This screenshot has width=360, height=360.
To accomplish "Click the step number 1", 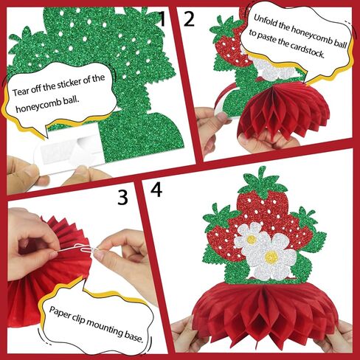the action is (x=162, y=18).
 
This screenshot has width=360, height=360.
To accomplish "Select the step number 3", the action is (x=122, y=197).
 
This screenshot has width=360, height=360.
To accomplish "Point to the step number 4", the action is (x=156, y=190).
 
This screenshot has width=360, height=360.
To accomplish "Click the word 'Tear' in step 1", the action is (x=21, y=92).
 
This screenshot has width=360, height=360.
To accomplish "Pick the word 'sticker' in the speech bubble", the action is (x=69, y=83).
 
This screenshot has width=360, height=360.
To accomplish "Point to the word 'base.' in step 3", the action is (x=134, y=338).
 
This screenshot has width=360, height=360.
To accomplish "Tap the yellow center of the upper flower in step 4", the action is (x=252, y=238).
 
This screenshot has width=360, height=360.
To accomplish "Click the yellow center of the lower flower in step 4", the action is (x=271, y=257).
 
